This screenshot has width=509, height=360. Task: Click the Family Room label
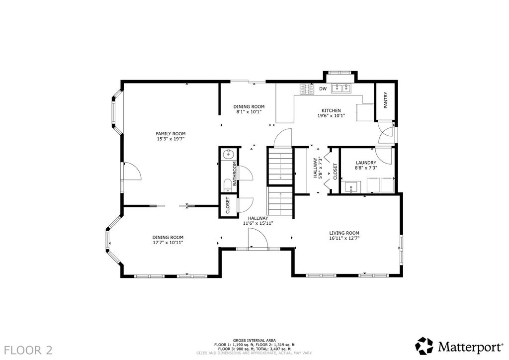(170, 133)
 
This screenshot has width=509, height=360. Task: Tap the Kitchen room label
(331, 110)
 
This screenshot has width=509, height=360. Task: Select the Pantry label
(386, 100)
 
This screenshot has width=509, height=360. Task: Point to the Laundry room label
(366, 163)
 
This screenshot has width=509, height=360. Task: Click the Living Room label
(344, 233)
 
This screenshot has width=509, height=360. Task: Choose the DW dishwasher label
(323, 89)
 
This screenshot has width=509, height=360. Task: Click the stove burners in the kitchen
(307, 90)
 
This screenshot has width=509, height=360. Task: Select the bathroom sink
(230, 154)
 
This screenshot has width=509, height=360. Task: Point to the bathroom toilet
(228, 185)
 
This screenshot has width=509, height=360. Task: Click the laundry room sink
(350, 187)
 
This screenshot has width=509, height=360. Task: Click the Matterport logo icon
(424, 346)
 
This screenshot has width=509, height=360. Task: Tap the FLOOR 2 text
(28, 350)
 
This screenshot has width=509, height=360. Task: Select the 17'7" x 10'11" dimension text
(168, 243)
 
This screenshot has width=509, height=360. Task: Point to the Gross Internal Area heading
(254, 341)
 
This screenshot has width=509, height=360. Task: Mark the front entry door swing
(257, 239)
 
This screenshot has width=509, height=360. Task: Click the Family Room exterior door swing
(131, 171)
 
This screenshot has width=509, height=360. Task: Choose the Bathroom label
(235, 174)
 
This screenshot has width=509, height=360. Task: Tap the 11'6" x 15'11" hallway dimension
(258, 223)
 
